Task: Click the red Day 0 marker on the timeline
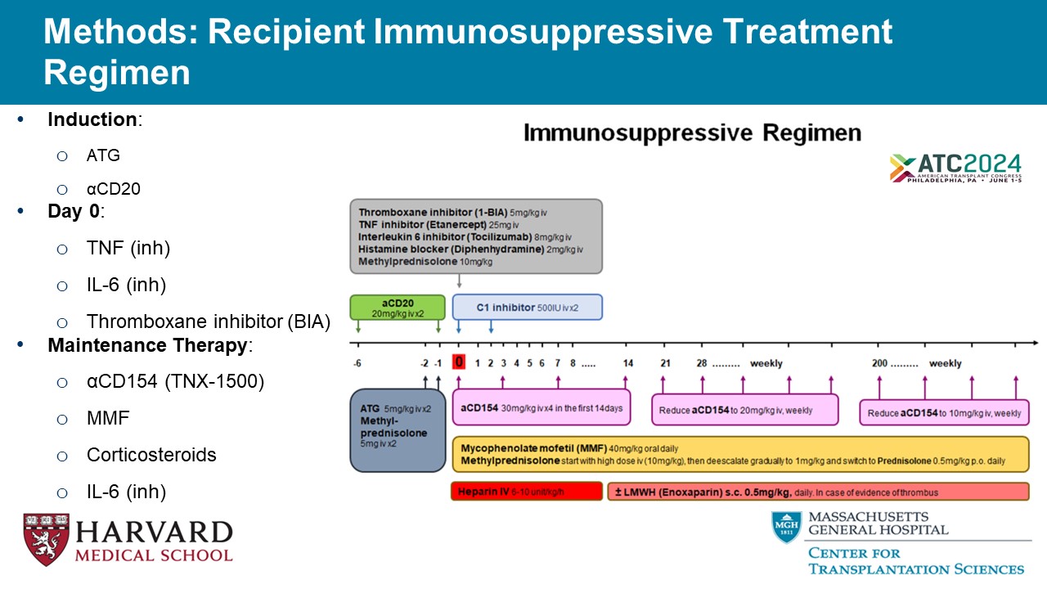[459, 362]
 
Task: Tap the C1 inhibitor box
[527, 307]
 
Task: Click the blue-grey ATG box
[398, 429]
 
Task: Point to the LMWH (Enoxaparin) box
[818, 492]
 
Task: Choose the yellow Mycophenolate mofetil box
[740, 454]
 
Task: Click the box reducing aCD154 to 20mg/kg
[744, 410]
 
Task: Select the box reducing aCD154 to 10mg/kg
[944, 412]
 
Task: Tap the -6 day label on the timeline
[357, 363]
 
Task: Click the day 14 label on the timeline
[627, 363]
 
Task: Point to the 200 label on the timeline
[880, 363]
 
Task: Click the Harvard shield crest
[46, 540]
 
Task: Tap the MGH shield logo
[786, 528]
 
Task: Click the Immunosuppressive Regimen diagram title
[692, 133]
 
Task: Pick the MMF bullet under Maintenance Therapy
[108, 418]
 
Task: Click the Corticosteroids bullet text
[151, 455]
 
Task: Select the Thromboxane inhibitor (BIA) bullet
[208, 321]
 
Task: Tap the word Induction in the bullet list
[92, 119]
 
